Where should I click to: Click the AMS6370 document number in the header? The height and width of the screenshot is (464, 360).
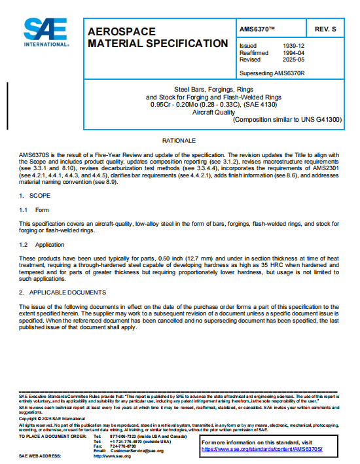tap(257, 30)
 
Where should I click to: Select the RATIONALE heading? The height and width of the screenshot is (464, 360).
tap(179, 141)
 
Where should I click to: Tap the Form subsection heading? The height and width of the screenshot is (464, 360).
tap(42, 210)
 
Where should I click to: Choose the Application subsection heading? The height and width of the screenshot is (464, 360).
tap(50, 244)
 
